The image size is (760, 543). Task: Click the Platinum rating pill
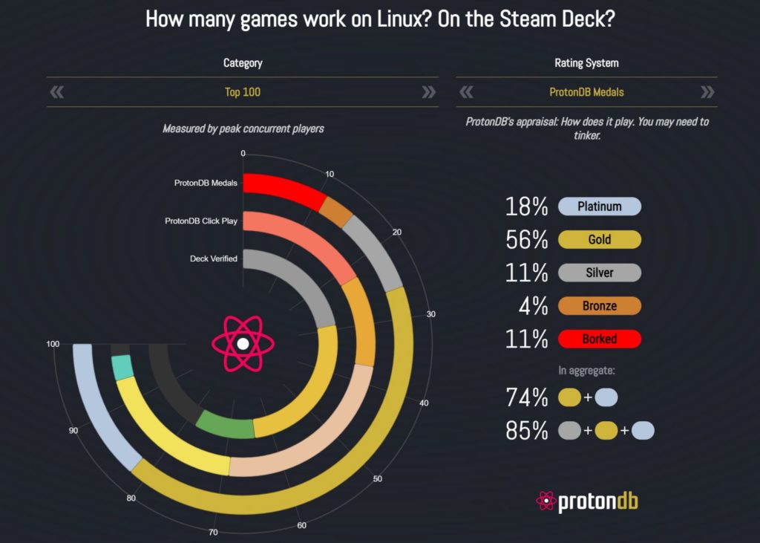pyautogui.click(x=600, y=207)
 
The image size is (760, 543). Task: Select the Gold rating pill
pyautogui.click(x=600, y=239)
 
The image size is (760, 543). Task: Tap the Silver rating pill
pyautogui.click(x=600, y=273)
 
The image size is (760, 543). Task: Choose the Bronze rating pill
pyautogui.click(x=600, y=306)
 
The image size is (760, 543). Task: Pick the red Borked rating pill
pyautogui.click(x=600, y=339)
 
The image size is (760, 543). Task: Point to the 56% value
pyautogui.click(x=526, y=240)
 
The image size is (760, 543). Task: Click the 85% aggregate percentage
pyautogui.click(x=526, y=430)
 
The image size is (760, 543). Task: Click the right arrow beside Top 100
pyautogui.click(x=428, y=91)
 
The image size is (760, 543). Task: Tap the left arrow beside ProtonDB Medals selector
pyautogui.click(x=466, y=91)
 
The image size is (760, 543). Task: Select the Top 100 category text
pyautogui.click(x=243, y=92)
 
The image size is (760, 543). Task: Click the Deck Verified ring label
pyautogui.click(x=213, y=259)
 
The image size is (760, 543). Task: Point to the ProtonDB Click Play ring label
pyautogui.click(x=201, y=221)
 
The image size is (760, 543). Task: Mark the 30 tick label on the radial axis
pyautogui.click(x=431, y=314)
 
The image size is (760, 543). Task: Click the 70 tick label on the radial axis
pyautogui.click(x=213, y=533)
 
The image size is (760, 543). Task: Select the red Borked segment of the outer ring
pyautogui.click(x=284, y=190)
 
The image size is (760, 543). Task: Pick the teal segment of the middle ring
pyautogui.click(x=122, y=368)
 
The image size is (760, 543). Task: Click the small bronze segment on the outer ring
pyautogui.click(x=336, y=212)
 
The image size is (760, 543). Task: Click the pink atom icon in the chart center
pyautogui.click(x=243, y=344)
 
